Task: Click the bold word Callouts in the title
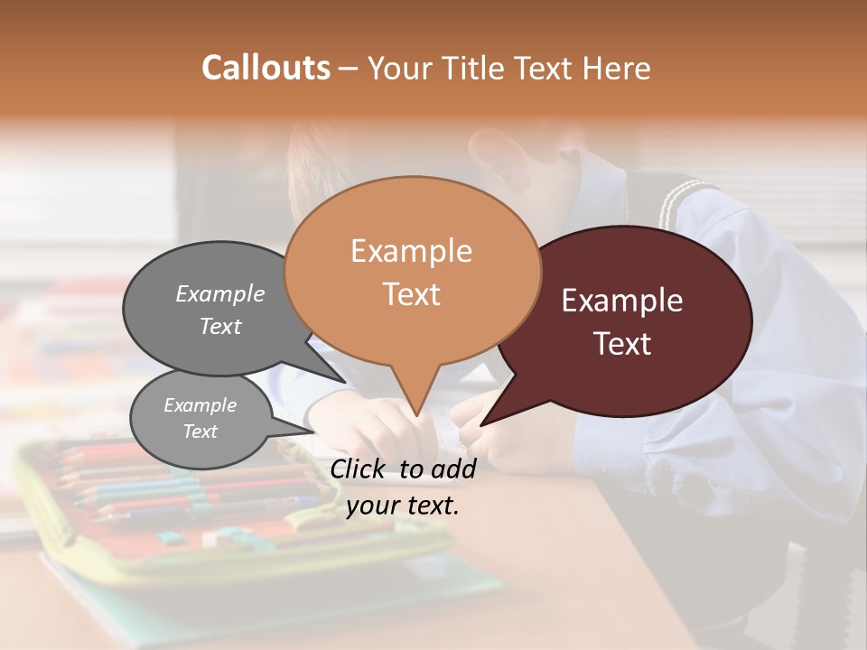tap(266, 68)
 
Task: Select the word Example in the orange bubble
tap(411, 251)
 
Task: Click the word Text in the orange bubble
tap(411, 294)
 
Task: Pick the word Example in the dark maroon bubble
tap(622, 301)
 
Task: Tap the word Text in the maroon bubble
tap(622, 344)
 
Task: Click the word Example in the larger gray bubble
tap(220, 294)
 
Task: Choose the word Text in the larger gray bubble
tap(220, 327)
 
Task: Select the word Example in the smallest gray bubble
tap(200, 405)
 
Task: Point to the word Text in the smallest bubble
tap(200, 432)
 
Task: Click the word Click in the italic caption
tap(360, 469)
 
